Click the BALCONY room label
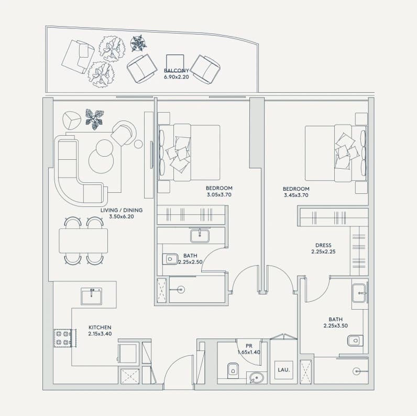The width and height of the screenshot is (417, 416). [x=177, y=71]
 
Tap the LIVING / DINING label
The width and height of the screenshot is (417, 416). [x=122, y=210]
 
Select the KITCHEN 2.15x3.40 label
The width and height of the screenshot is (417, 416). [x=100, y=331]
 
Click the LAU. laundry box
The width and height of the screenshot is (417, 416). [x=284, y=370]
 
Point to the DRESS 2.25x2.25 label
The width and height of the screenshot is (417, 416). [x=323, y=248]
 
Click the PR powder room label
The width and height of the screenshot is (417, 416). [x=249, y=346]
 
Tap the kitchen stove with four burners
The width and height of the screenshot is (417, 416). [x=63, y=338]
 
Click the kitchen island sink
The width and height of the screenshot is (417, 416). [x=92, y=297]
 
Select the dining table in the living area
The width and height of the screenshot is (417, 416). [x=83, y=240]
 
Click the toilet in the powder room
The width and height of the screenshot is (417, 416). [x=233, y=370]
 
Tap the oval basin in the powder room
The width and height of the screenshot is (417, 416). [x=257, y=378]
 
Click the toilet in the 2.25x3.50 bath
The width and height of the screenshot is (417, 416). [x=355, y=341]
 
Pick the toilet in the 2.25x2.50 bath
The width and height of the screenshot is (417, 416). [x=170, y=259]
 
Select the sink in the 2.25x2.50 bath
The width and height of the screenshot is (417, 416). [x=200, y=236]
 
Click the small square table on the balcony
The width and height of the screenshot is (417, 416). [x=175, y=63]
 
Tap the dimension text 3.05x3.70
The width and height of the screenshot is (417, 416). [x=219, y=195]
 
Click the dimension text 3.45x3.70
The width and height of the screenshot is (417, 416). [x=296, y=195]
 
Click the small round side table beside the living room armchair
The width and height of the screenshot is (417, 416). [x=138, y=144]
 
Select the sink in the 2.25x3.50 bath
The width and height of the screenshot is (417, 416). [x=359, y=293]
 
